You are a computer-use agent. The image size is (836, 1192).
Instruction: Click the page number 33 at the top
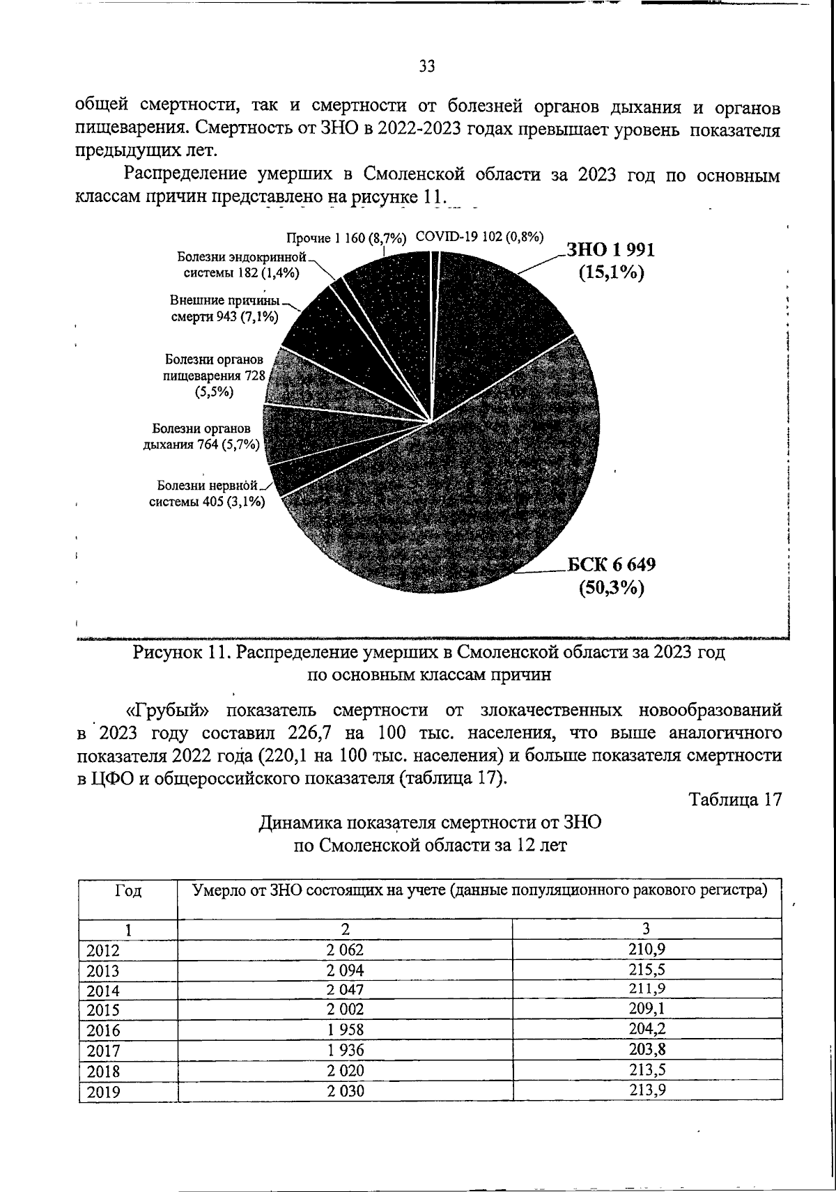coord(426,67)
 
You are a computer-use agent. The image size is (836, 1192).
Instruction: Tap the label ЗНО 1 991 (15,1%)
coord(610,261)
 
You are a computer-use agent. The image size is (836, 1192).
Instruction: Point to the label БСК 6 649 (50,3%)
coord(610,576)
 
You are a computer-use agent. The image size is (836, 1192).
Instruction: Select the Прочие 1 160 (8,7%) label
coord(346,238)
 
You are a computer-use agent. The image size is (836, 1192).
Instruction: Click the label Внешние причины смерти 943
coord(224,309)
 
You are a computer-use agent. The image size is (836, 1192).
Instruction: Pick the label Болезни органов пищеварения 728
coord(214,376)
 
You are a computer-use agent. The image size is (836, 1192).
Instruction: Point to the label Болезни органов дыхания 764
coord(201,437)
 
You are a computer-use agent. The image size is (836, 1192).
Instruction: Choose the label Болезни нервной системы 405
coord(207,494)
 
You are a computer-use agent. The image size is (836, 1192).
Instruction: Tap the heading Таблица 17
coord(735,800)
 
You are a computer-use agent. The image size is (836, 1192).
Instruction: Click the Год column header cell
coord(128,891)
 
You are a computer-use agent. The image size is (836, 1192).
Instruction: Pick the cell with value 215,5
coord(646,969)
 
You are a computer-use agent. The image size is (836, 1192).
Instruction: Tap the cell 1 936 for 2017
coord(346,1051)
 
